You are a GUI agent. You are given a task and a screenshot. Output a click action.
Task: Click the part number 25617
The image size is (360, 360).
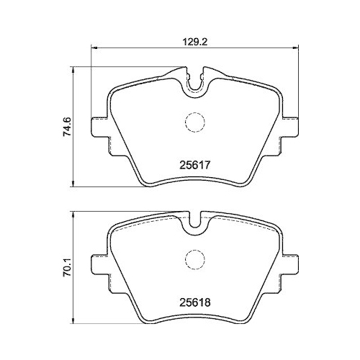coord(194,165)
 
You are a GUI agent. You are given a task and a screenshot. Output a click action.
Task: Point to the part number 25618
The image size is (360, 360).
coord(194,303)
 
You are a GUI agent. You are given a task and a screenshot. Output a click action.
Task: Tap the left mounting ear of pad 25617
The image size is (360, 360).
coord(99,127)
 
